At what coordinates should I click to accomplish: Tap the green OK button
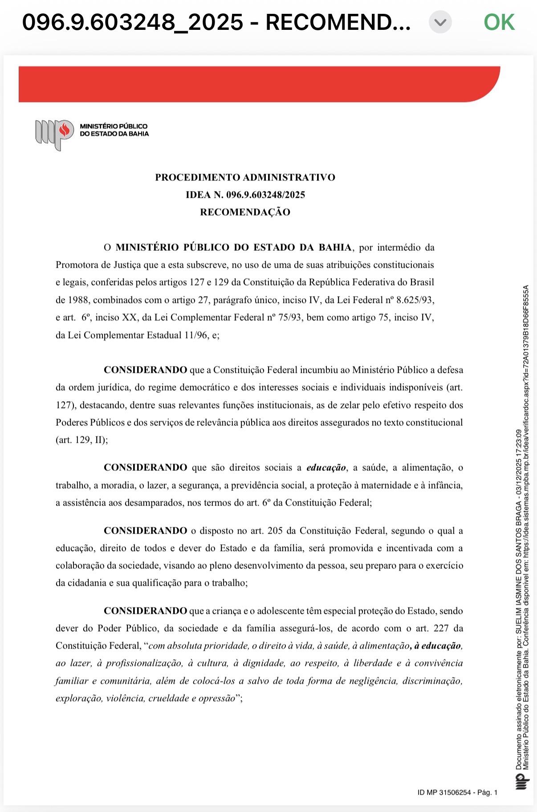499,22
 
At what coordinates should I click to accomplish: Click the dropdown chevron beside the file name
440,22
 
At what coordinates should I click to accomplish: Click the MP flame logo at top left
55,134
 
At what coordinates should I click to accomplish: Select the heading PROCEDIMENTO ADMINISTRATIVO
245,177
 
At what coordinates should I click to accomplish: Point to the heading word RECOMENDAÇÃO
245,212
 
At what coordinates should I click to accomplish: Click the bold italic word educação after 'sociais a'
326,468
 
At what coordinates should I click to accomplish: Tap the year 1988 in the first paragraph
78,300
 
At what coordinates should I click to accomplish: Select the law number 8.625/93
415,300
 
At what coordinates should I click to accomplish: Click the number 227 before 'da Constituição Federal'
441,628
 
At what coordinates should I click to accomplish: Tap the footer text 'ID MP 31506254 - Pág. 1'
457,792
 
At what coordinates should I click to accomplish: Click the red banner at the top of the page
258,84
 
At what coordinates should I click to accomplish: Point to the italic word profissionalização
144,663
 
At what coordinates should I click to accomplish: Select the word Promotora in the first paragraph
77,265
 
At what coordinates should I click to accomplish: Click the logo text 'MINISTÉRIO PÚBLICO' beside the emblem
114,126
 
